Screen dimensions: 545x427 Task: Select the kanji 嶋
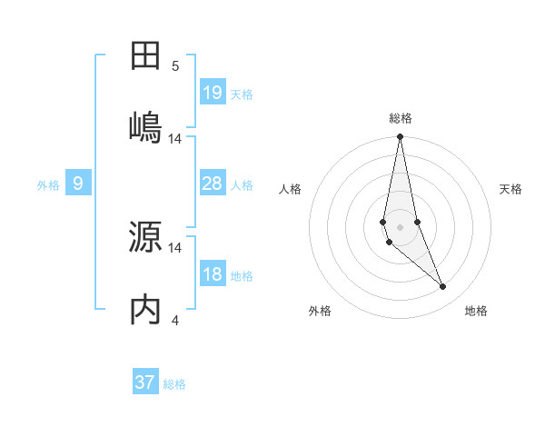coord(145,126)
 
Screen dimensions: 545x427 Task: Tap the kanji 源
coord(145,236)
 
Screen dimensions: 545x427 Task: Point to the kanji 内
coord(145,309)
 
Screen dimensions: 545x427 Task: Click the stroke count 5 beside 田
coord(175,66)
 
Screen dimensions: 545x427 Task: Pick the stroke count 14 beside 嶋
coord(175,138)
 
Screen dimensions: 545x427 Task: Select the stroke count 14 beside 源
coord(175,247)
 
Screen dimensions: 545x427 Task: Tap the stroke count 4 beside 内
coord(175,320)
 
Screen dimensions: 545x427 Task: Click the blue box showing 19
coord(213,92)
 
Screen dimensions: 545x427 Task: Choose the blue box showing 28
coord(213,184)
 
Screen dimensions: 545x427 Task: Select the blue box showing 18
coord(213,274)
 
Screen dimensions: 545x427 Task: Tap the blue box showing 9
coord(78,184)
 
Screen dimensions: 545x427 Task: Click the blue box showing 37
coord(145,382)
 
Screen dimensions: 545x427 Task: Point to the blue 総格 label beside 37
coord(174,384)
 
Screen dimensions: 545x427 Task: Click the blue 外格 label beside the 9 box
coord(48,185)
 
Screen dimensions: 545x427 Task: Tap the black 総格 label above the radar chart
coord(401,118)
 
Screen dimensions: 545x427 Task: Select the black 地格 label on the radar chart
coord(476,312)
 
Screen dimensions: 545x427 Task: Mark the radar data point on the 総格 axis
coord(401,137)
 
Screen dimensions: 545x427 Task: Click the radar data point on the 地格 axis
coord(443,287)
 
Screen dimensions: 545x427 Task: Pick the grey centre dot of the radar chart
coord(401,226)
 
